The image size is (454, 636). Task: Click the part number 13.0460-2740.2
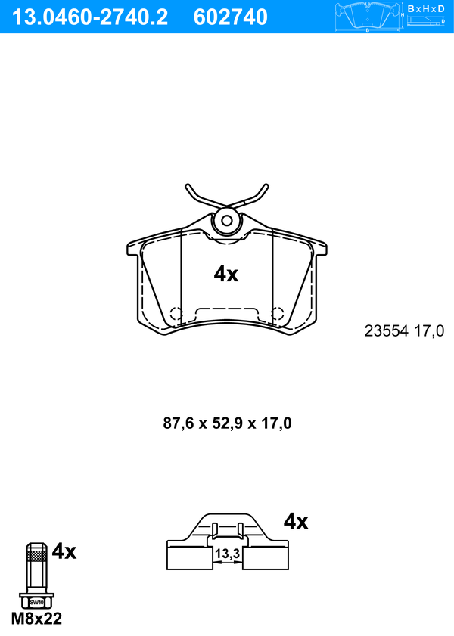tap(89, 17)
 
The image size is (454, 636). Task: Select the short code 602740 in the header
tap(231, 17)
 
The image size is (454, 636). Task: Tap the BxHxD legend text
tap(426, 8)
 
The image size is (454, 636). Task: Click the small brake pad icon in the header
tap(367, 17)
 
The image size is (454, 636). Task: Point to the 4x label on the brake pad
tap(226, 275)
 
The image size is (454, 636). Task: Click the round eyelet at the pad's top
tap(227, 221)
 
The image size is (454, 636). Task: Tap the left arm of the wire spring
tap(201, 196)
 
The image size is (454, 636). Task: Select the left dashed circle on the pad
tap(176, 314)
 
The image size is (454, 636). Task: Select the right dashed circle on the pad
tap(278, 314)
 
